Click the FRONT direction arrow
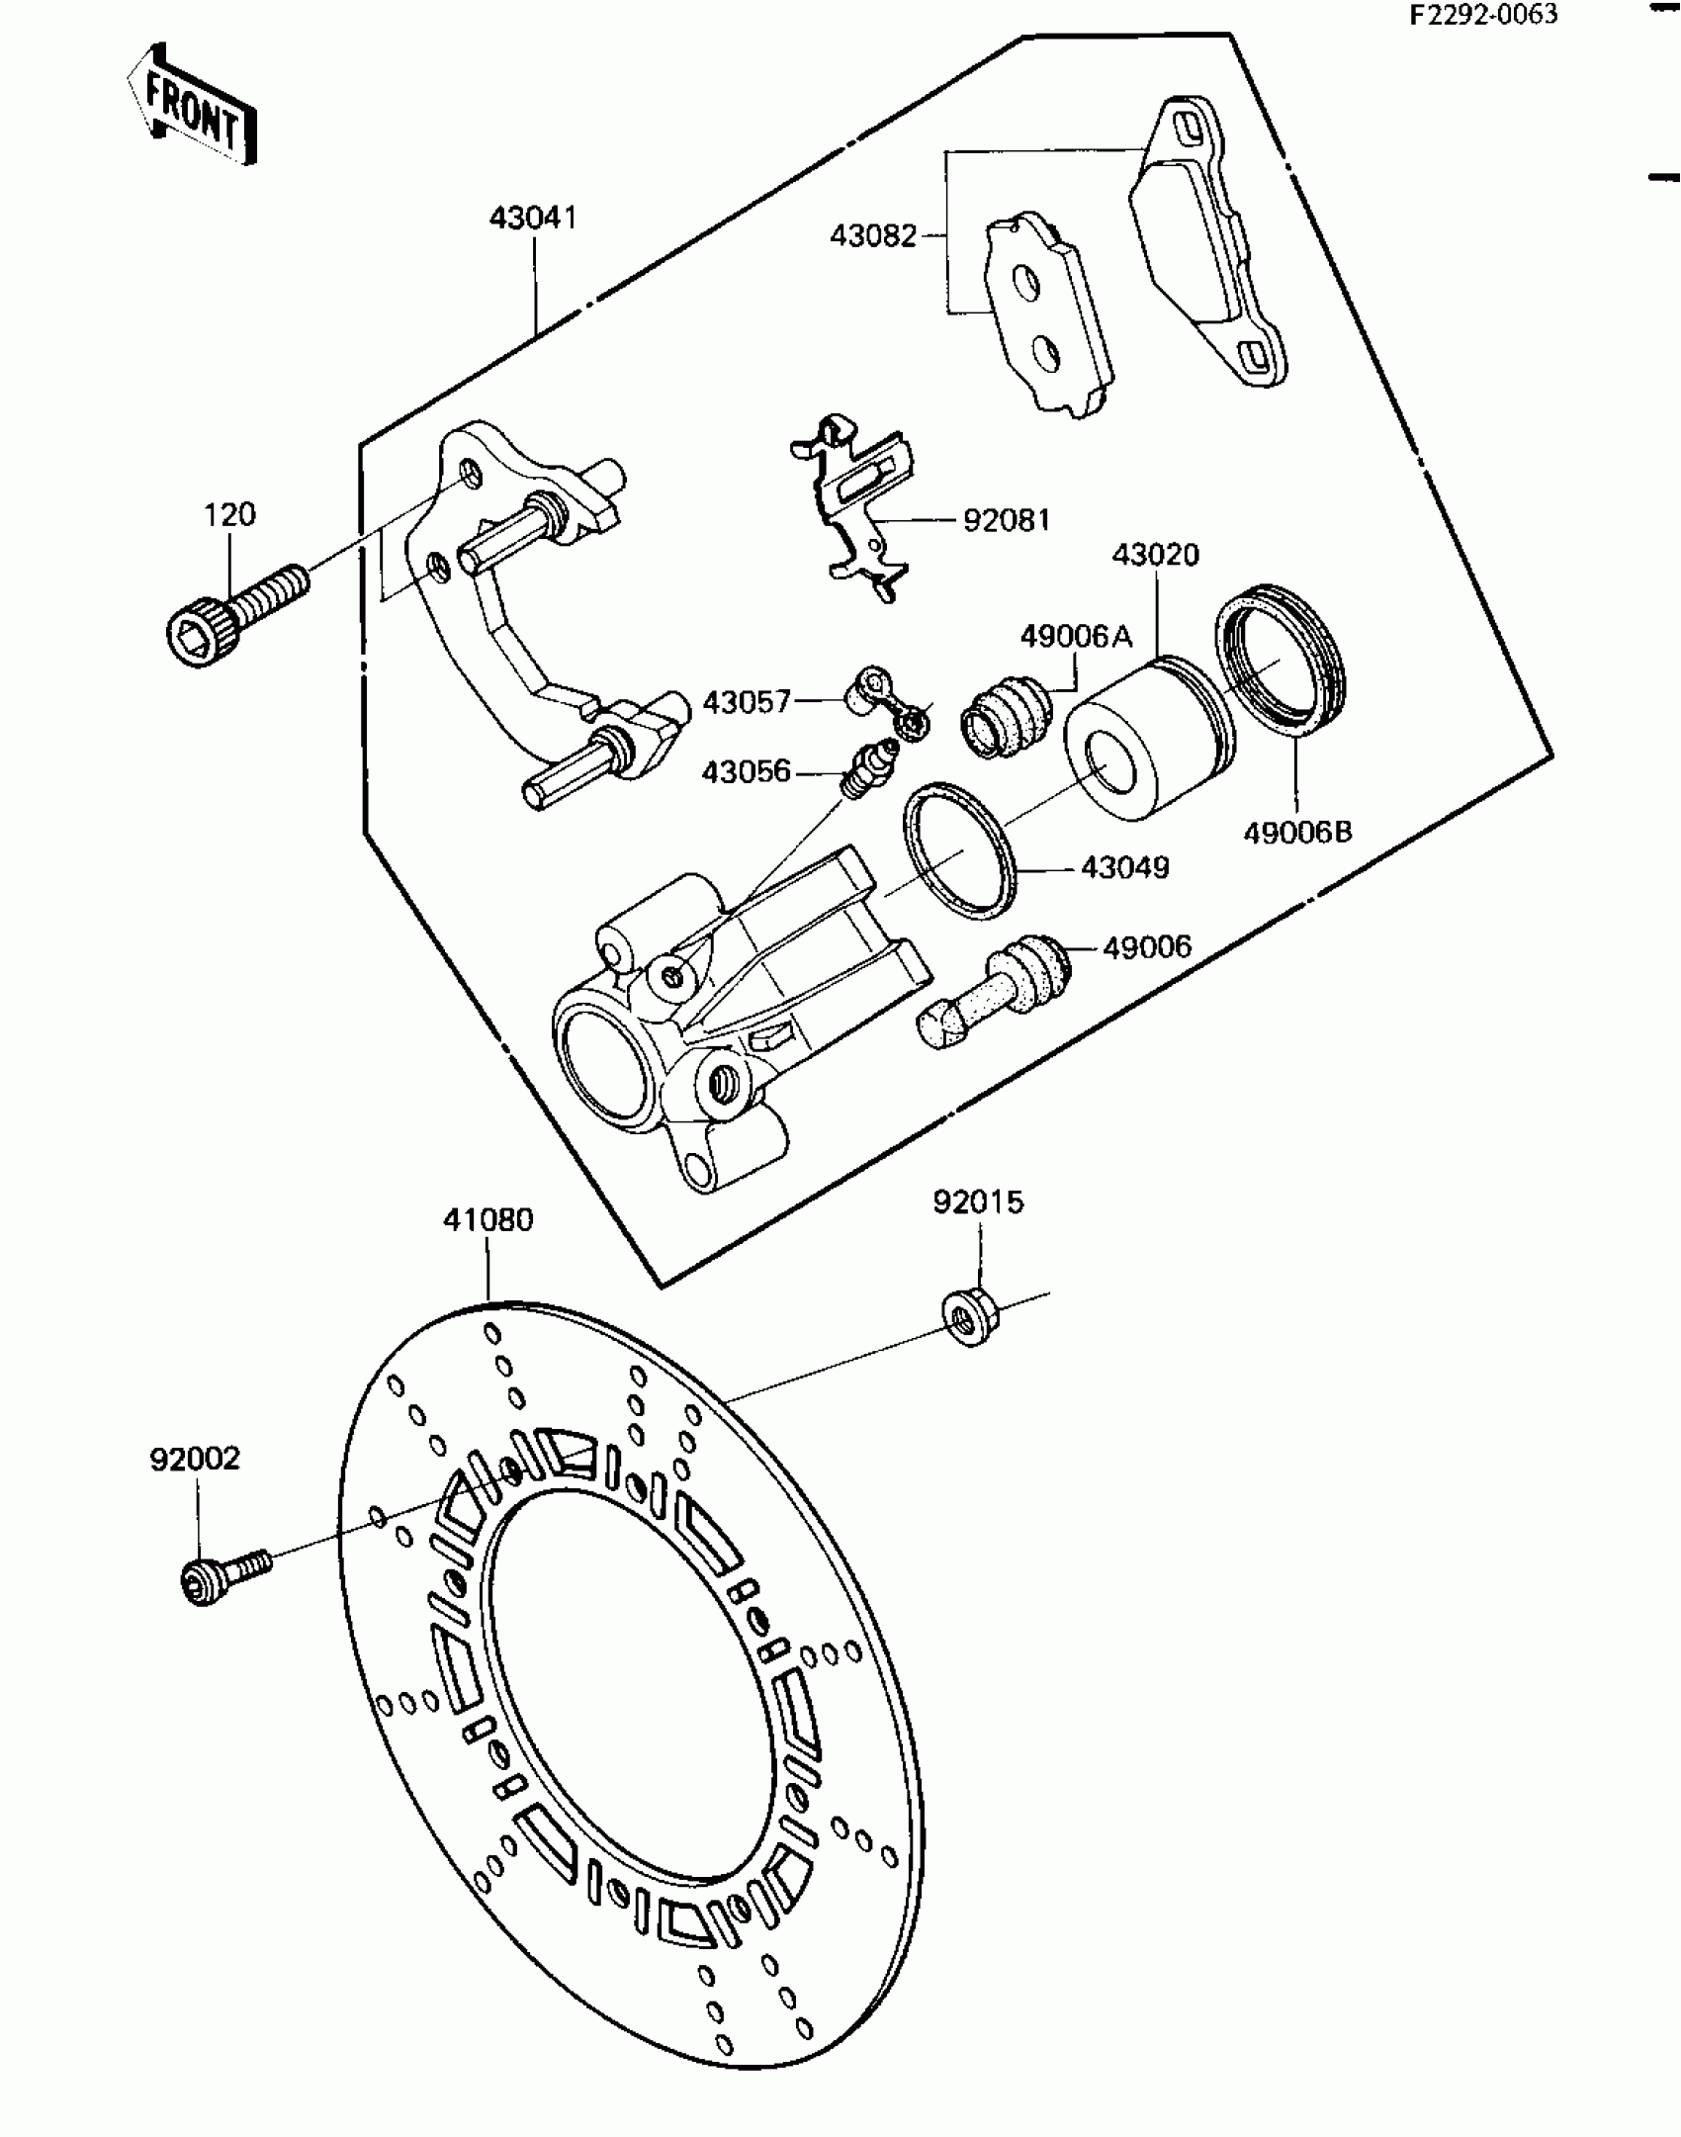click(x=192, y=105)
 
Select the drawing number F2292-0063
click(x=1483, y=15)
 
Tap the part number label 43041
click(x=533, y=218)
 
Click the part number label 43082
click(x=873, y=236)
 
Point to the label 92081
click(x=1007, y=520)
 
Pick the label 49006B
click(x=1297, y=833)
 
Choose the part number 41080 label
click(x=487, y=1220)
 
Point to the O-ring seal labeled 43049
click(x=958, y=848)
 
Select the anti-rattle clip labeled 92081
click(x=855, y=504)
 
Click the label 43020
click(x=1155, y=555)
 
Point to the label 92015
click(x=978, y=1202)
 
